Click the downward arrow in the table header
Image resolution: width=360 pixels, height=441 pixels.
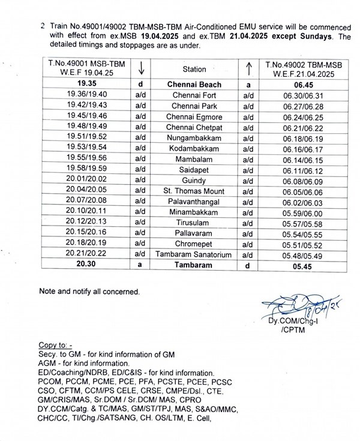pos(140,69)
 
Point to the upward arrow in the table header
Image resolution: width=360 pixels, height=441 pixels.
pos(247,69)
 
